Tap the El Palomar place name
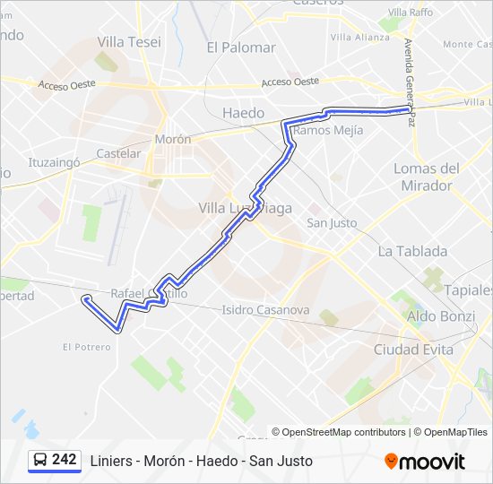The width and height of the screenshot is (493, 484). click(240, 48)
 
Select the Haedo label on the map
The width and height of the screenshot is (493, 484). click(243, 113)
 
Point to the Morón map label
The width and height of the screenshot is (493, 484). click(173, 140)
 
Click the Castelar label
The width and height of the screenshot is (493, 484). click(118, 153)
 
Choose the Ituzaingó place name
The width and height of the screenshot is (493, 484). click(55, 163)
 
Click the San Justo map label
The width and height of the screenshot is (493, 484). click(332, 223)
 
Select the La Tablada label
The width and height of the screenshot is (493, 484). click(412, 251)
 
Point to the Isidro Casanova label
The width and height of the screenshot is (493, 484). click(265, 310)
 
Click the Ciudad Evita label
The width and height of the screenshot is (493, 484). click(413, 350)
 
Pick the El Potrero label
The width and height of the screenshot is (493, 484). click(87, 347)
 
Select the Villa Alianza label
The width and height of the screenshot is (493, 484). click(359, 38)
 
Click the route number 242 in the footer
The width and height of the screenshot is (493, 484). click(65, 460)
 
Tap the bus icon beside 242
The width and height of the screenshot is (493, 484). click(40, 461)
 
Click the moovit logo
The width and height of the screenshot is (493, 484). click(425, 462)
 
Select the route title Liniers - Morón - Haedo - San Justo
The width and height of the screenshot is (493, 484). click(202, 461)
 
